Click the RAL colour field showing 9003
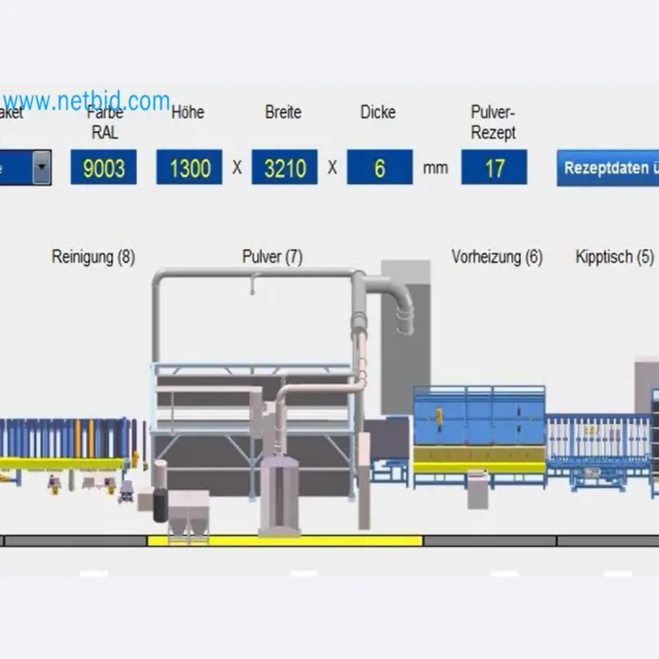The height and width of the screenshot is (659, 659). (103, 167)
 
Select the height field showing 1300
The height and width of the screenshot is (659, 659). (189, 167)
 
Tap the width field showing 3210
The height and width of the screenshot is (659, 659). (284, 167)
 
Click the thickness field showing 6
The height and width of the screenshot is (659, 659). (379, 167)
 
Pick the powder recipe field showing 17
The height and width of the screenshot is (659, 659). (494, 167)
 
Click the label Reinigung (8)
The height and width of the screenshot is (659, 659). (93, 257)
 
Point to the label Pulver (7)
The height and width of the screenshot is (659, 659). (272, 257)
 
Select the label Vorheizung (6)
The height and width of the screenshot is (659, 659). (497, 257)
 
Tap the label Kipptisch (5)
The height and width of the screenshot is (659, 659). (614, 257)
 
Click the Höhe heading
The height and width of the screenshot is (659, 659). (188, 112)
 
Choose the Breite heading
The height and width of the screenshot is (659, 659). (283, 112)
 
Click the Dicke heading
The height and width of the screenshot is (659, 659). (378, 112)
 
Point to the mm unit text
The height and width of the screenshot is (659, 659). (435, 168)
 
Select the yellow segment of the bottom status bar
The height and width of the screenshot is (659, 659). (285, 541)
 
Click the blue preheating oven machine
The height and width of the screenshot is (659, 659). (479, 429)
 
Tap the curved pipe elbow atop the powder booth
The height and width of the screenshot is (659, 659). (399, 305)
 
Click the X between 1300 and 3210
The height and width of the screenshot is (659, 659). (237, 168)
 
